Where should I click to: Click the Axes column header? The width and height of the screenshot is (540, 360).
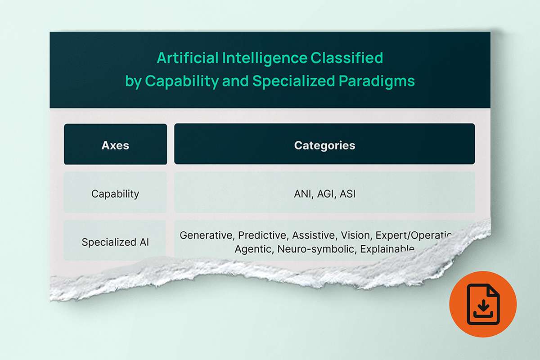pyautogui.click(x=115, y=145)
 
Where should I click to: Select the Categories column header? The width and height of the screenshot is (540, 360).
pyautogui.click(x=324, y=145)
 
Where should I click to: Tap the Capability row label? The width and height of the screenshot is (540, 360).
pyautogui.click(x=115, y=194)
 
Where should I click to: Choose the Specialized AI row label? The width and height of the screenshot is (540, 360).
pyautogui.click(x=115, y=242)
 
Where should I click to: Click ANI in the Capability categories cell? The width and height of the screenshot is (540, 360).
pyautogui.click(x=300, y=194)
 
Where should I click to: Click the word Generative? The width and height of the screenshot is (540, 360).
pyautogui.click(x=206, y=235)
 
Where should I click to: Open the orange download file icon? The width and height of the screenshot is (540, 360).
pyautogui.click(x=482, y=305)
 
